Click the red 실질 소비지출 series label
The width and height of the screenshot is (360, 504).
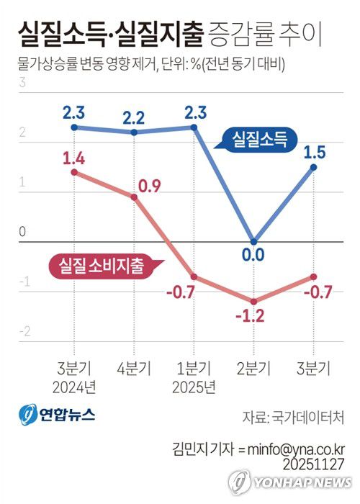[97, 266]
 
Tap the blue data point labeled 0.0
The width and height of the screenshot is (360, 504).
[253, 242]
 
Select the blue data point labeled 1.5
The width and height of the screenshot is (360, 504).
[313, 167]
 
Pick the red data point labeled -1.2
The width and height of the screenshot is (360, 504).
[253, 301]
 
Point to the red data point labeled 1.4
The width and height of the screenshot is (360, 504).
[75, 172]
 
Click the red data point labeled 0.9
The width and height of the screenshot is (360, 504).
[134, 197]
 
